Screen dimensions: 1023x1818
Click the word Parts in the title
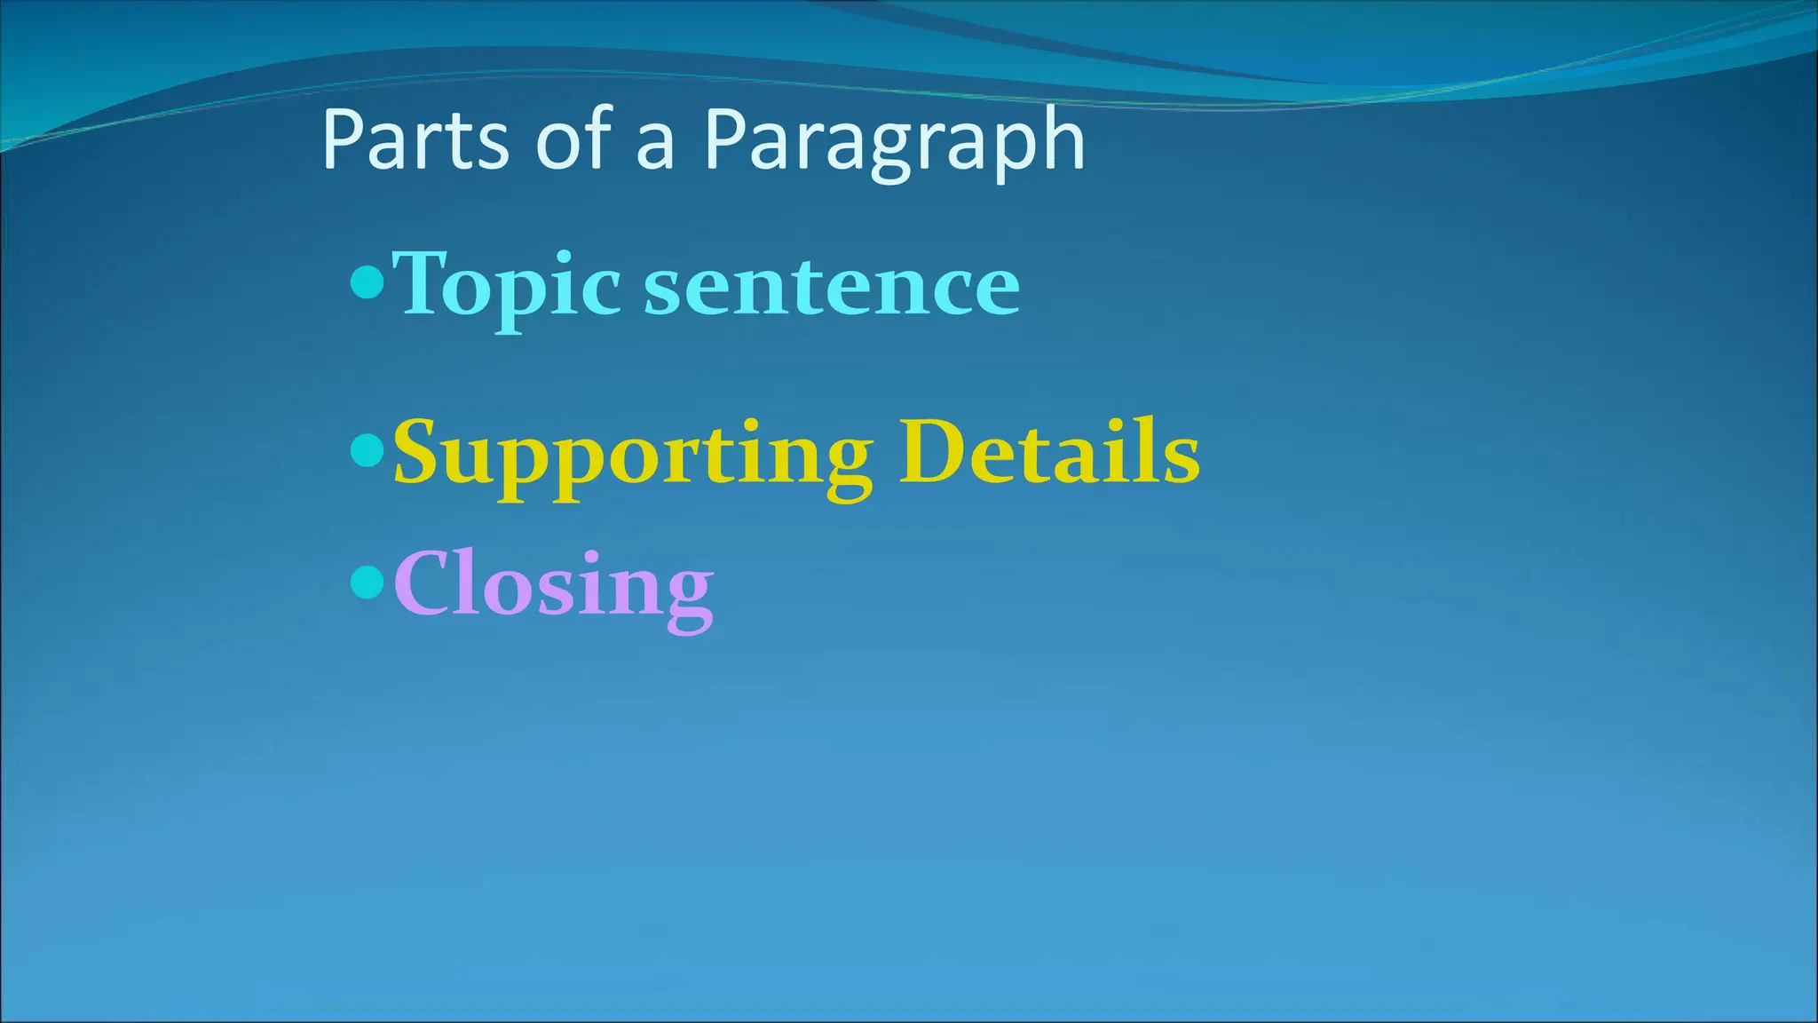pos(415,140)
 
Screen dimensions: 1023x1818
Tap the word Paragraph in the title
pos(895,140)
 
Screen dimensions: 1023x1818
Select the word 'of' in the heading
pos(574,140)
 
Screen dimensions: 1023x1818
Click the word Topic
pos(506,284)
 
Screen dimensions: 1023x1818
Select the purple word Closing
pos(553,586)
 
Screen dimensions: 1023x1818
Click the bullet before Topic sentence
pos(368,283)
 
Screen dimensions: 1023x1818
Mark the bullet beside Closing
pos(368,583)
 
